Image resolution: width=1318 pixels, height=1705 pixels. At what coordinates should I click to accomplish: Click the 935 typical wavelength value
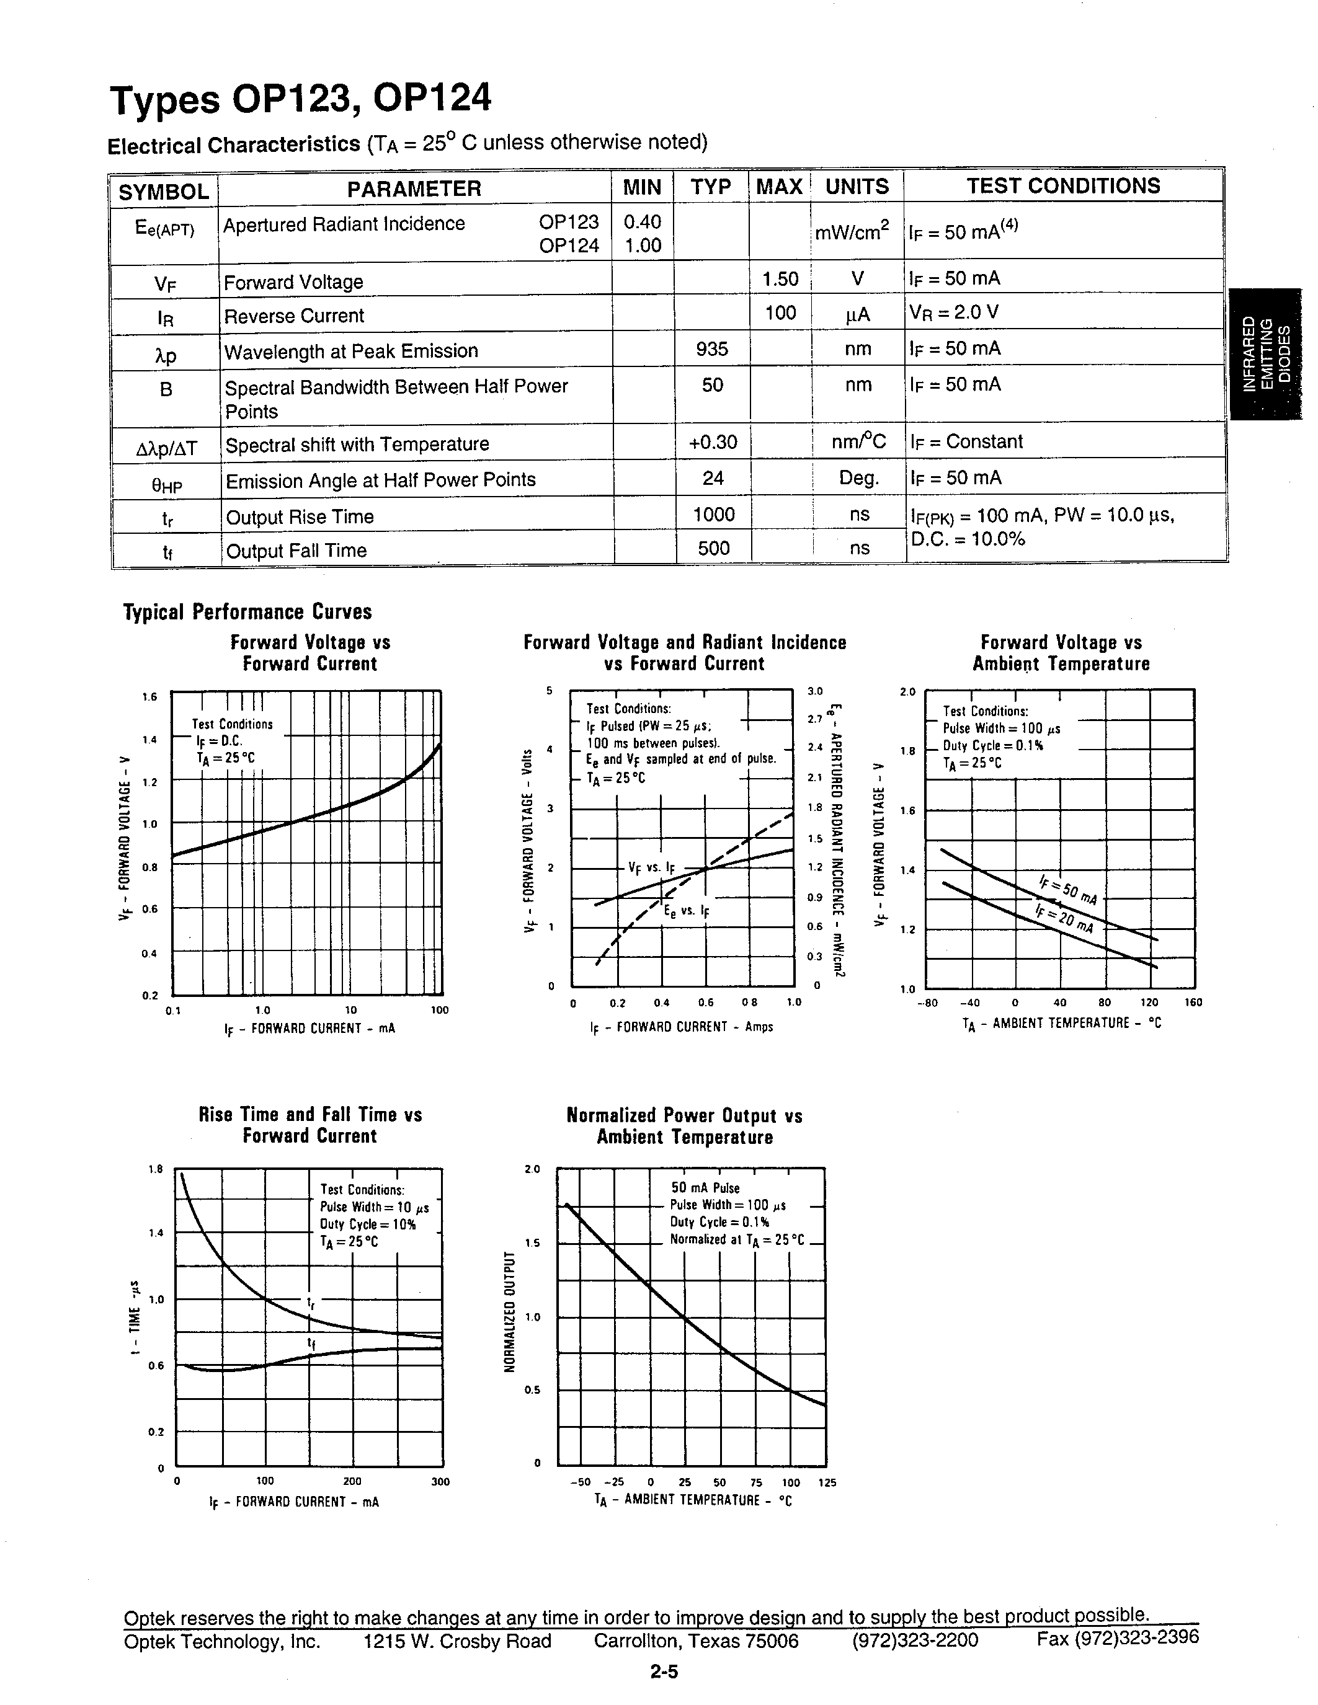point(711,348)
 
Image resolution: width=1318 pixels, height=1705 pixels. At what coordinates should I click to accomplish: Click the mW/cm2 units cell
point(856,232)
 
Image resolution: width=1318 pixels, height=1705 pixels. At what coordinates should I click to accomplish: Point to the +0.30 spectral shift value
point(712,442)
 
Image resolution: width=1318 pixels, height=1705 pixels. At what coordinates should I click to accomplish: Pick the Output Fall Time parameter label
point(296,551)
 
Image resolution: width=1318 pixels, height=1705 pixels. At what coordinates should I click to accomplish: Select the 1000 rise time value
point(713,514)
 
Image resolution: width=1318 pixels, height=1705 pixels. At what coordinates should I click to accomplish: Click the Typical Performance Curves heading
point(247,611)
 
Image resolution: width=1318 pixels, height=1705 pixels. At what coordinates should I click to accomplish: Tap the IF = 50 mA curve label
point(1067,890)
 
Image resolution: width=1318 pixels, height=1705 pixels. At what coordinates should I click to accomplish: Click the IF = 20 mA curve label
point(1064,919)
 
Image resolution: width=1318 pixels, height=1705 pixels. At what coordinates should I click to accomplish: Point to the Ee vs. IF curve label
point(687,911)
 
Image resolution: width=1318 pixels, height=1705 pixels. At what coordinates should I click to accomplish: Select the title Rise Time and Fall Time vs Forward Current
point(310,1125)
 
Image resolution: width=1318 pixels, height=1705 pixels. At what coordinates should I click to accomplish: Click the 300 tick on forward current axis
point(440,1482)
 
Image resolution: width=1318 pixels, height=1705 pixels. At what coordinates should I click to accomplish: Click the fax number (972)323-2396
point(1117,1637)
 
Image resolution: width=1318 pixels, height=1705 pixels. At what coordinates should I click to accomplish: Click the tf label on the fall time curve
point(311,1344)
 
